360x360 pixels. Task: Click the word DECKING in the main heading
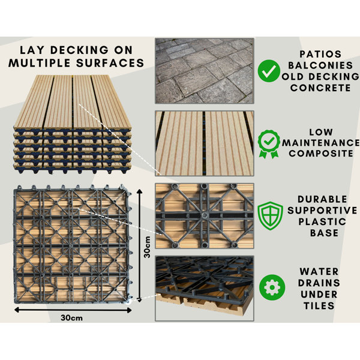click(x=79, y=50)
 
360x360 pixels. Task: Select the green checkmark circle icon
click(x=269, y=71)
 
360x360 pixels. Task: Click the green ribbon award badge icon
click(x=269, y=144)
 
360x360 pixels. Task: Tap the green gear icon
click(x=272, y=287)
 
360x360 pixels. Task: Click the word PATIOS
click(x=320, y=54)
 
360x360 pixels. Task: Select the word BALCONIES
click(x=320, y=65)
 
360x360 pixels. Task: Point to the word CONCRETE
click(x=320, y=88)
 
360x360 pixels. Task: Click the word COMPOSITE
click(x=321, y=154)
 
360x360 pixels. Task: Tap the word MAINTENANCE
click(x=321, y=143)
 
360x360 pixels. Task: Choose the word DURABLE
click(x=322, y=199)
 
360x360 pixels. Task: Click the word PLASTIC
click(x=322, y=222)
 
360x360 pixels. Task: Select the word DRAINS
click(x=319, y=283)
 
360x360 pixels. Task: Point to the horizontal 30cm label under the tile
click(x=71, y=318)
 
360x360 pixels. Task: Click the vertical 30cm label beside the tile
click(x=147, y=247)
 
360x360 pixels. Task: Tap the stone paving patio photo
click(x=205, y=71)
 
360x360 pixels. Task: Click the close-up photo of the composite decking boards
click(x=205, y=143)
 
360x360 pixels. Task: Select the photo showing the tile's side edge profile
click(x=205, y=289)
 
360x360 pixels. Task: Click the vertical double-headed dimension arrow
click(x=139, y=245)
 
